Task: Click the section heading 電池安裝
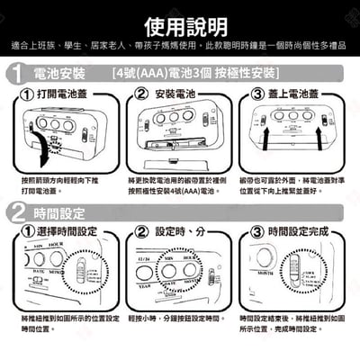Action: [x=59, y=75]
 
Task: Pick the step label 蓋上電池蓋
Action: [x=296, y=94]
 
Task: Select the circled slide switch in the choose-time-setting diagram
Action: [x=80, y=274]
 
